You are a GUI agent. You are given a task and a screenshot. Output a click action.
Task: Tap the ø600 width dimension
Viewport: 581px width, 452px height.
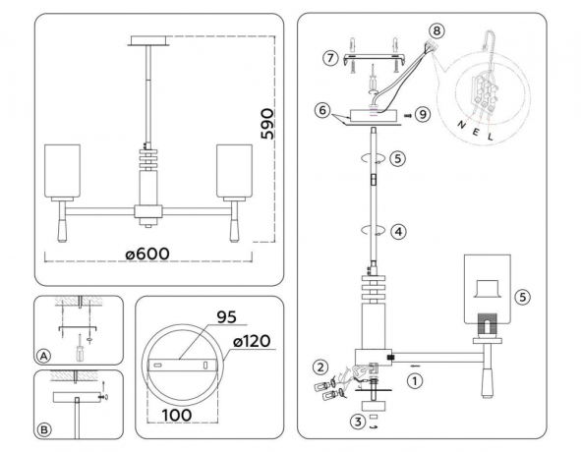pos(147,254)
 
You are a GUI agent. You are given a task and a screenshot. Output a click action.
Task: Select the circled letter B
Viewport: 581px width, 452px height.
pos(44,429)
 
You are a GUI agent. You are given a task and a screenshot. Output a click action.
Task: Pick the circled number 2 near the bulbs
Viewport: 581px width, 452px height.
pos(320,367)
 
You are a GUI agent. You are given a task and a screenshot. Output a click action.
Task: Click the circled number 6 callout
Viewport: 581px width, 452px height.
pos(320,113)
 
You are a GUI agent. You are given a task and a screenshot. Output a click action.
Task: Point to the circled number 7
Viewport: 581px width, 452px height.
pos(330,58)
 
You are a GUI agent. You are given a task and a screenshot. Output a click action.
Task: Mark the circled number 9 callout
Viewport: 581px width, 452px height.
pos(424,114)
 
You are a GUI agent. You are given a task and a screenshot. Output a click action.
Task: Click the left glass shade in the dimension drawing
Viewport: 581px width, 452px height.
pos(63,173)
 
